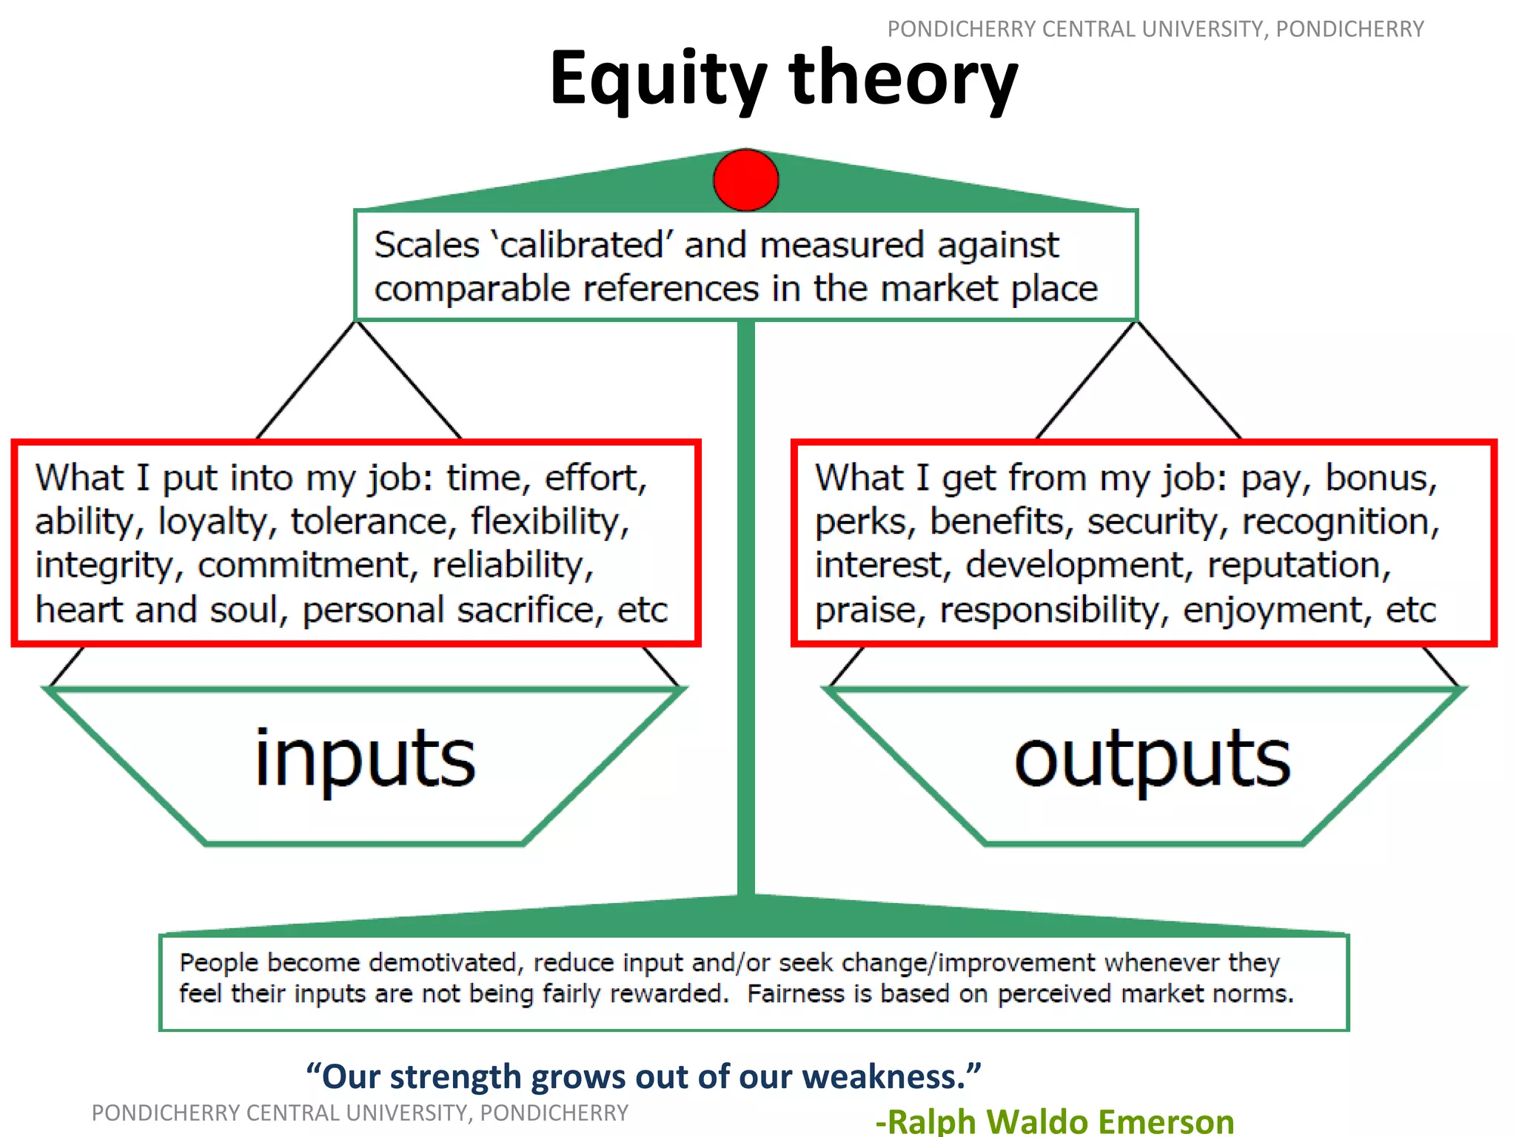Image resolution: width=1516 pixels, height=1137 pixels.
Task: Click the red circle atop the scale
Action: point(745,180)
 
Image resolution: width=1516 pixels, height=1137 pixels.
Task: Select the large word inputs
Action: point(365,759)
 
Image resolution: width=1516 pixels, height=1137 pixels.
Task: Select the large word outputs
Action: point(1152,759)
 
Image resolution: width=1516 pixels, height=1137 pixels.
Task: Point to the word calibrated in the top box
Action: point(582,245)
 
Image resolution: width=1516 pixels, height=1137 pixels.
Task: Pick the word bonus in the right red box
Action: point(1380,478)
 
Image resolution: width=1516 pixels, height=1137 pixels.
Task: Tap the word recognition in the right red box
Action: point(1340,521)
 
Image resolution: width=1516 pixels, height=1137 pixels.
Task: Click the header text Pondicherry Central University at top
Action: point(1155,29)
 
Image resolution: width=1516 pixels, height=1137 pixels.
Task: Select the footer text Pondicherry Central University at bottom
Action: point(360,1113)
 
